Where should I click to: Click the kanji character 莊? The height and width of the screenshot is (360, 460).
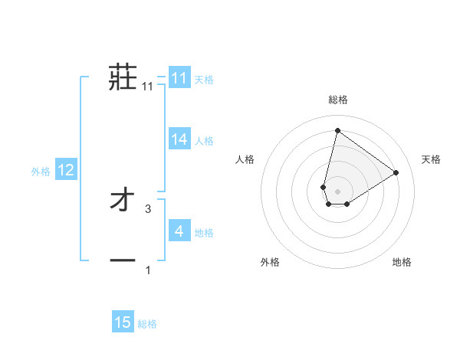123,77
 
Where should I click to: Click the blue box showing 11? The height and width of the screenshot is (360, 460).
179,78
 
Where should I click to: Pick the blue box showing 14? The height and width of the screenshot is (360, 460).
179,139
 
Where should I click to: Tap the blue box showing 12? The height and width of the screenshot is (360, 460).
65,170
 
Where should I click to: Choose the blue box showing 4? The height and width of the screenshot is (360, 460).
179,231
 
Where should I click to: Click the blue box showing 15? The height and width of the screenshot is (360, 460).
123,322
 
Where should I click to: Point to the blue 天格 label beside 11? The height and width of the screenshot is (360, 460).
204,79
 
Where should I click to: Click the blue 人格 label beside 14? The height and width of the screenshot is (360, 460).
204,141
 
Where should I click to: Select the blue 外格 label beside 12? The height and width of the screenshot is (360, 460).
41,172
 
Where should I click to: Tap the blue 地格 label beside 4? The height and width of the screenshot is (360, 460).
204,233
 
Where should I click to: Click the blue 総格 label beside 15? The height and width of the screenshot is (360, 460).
147,324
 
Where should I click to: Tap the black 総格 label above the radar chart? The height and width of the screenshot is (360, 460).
337,100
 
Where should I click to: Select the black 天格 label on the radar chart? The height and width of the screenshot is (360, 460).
431,159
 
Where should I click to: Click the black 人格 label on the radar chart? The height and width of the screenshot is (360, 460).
245,159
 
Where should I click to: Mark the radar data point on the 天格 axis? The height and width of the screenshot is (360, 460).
396,172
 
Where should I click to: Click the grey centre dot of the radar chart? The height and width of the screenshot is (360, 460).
337,191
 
